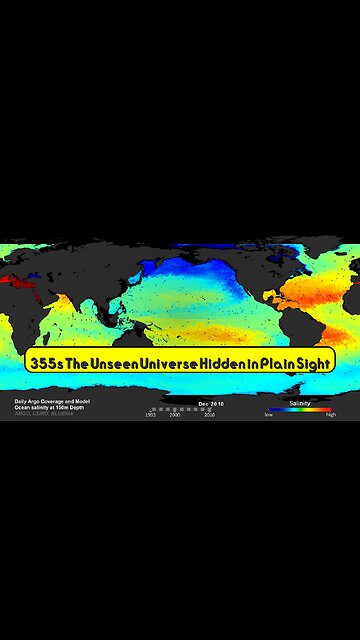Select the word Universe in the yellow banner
click(x=177, y=360)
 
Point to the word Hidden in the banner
click(x=232, y=360)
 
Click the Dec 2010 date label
click(x=211, y=403)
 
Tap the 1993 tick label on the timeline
click(x=150, y=414)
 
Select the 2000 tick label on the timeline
click(x=175, y=414)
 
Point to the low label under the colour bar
click(x=269, y=414)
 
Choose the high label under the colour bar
click(x=331, y=414)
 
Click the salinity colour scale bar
click(x=300, y=409)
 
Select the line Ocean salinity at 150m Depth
click(x=42, y=408)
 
